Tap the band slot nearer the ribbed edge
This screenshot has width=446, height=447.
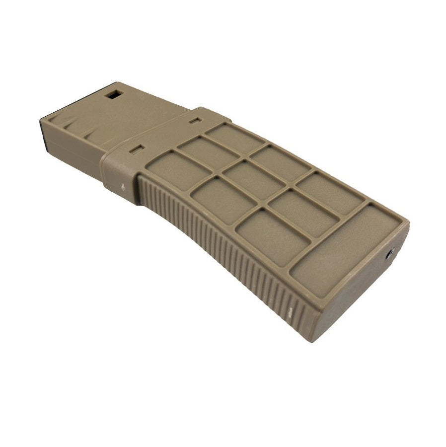137,148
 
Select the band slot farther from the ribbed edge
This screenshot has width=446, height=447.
195,120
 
